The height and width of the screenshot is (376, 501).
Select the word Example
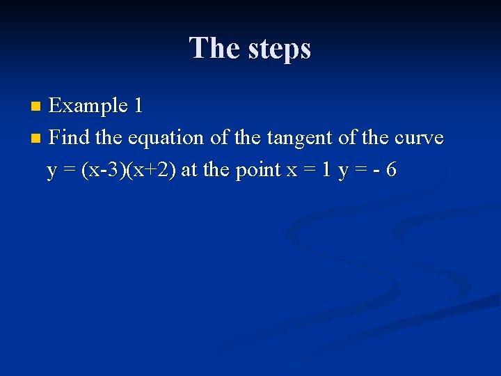(x=88, y=106)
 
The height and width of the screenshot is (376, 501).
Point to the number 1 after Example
(x=138, y=106)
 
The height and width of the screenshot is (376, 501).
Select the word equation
(x=165, y=139)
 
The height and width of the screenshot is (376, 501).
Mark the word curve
(x=418, y=137)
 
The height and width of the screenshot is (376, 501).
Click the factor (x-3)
(x=103, y=170)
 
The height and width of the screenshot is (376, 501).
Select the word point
(x=258, y=171)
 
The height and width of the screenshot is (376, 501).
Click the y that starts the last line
(x=51, y=171)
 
